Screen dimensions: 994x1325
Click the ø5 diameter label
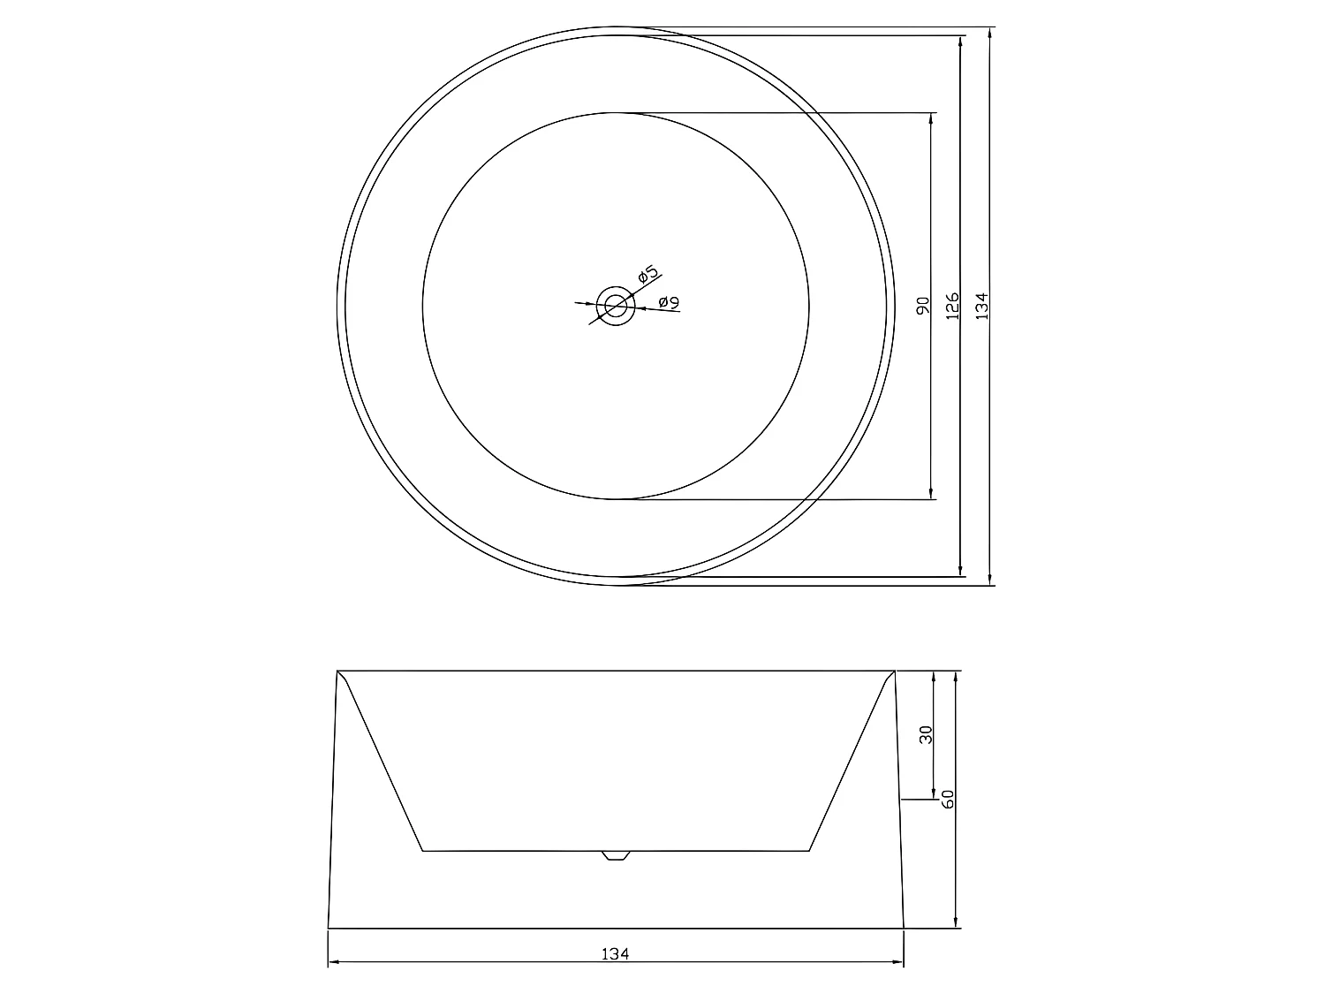[x=647, y=275]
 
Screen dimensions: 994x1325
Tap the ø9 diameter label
[x=669, y=303]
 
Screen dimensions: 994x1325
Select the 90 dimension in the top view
[x=923, y=307]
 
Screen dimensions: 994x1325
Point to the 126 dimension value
[x=952, y=307]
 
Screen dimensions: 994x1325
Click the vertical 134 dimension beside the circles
[x=981, y=307]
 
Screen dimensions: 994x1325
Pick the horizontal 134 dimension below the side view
[x=615, y=954]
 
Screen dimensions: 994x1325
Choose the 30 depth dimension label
[x=926, y=735]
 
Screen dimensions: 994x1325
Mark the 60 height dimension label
[x=949, y=801]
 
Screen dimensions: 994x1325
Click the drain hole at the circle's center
[x=616, y=306]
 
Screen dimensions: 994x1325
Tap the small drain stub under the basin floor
[x=616, y=855]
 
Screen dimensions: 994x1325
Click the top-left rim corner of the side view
[x=337, y=672]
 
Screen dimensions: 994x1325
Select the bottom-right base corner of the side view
[x=904, y=929]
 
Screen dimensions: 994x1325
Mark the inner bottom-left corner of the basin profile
[x=423, y=851]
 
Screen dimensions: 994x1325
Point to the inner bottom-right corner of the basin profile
[x=809, y=851]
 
